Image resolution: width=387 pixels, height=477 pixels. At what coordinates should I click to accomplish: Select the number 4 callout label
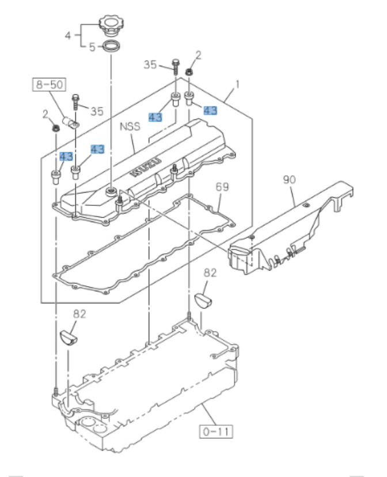(68, 35)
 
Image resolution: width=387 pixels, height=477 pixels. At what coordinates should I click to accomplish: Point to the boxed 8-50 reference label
(49, 85)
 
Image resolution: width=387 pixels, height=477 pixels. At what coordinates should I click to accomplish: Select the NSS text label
(130, 126)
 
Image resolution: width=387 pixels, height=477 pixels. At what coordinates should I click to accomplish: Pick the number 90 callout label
(289, 179)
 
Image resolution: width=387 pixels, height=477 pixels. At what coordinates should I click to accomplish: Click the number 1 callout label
(237, 85)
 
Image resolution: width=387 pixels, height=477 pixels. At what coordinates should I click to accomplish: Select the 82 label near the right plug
(210, 273)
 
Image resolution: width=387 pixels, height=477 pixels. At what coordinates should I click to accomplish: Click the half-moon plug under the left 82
(67, 336)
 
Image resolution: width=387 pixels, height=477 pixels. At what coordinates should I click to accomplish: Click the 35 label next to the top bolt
(150, 65)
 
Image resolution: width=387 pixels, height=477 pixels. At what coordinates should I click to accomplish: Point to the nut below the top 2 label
(189, 72)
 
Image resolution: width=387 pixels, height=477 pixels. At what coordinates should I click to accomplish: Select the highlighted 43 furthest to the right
(210, 110)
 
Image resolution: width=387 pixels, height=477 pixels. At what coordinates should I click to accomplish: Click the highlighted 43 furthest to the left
(66, 156)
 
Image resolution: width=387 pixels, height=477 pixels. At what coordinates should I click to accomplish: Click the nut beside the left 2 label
(56, 126)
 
